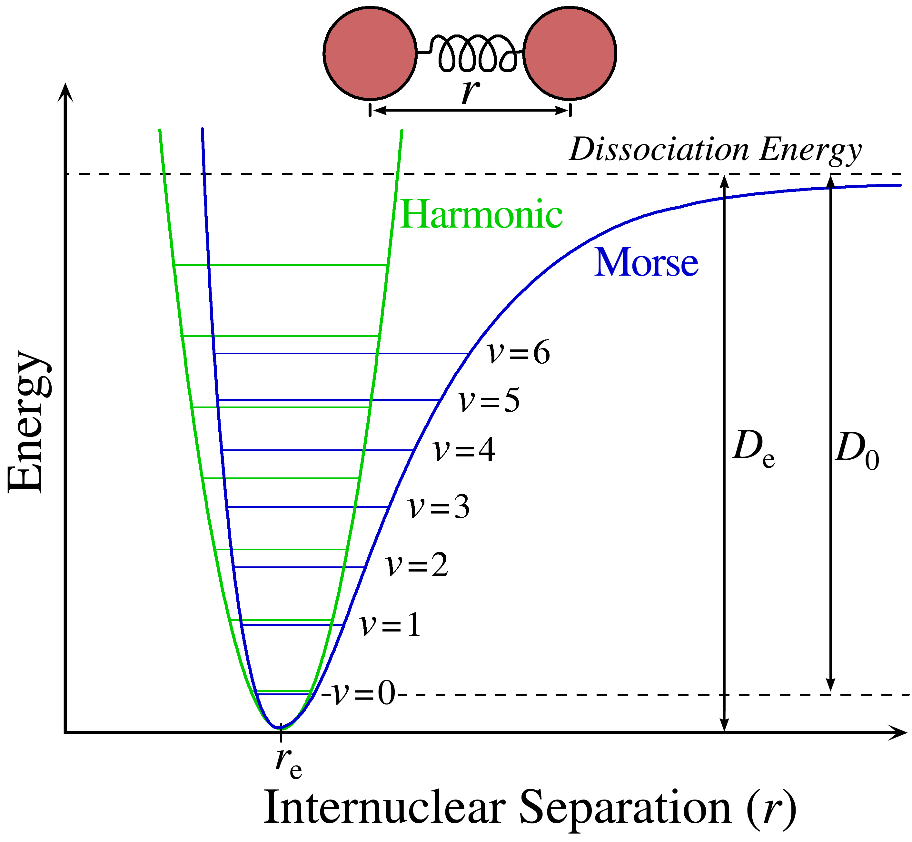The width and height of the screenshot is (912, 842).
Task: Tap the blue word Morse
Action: click(x=646, y=263)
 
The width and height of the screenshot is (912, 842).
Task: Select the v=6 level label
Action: click(x=519, y=353)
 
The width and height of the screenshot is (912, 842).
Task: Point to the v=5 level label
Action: click(x=489, y=401)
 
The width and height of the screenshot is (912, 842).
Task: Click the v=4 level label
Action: click(x=464, y=451)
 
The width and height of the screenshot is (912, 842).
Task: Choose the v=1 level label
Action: click(x=390, y=625)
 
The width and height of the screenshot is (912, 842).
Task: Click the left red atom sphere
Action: click(x=370, y=53)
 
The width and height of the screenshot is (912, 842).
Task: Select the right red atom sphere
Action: click(x=570, y=53)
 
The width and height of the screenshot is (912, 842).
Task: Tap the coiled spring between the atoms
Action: click(x=474, y=53)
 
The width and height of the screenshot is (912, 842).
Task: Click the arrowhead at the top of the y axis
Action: click(x=66, y=91)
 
